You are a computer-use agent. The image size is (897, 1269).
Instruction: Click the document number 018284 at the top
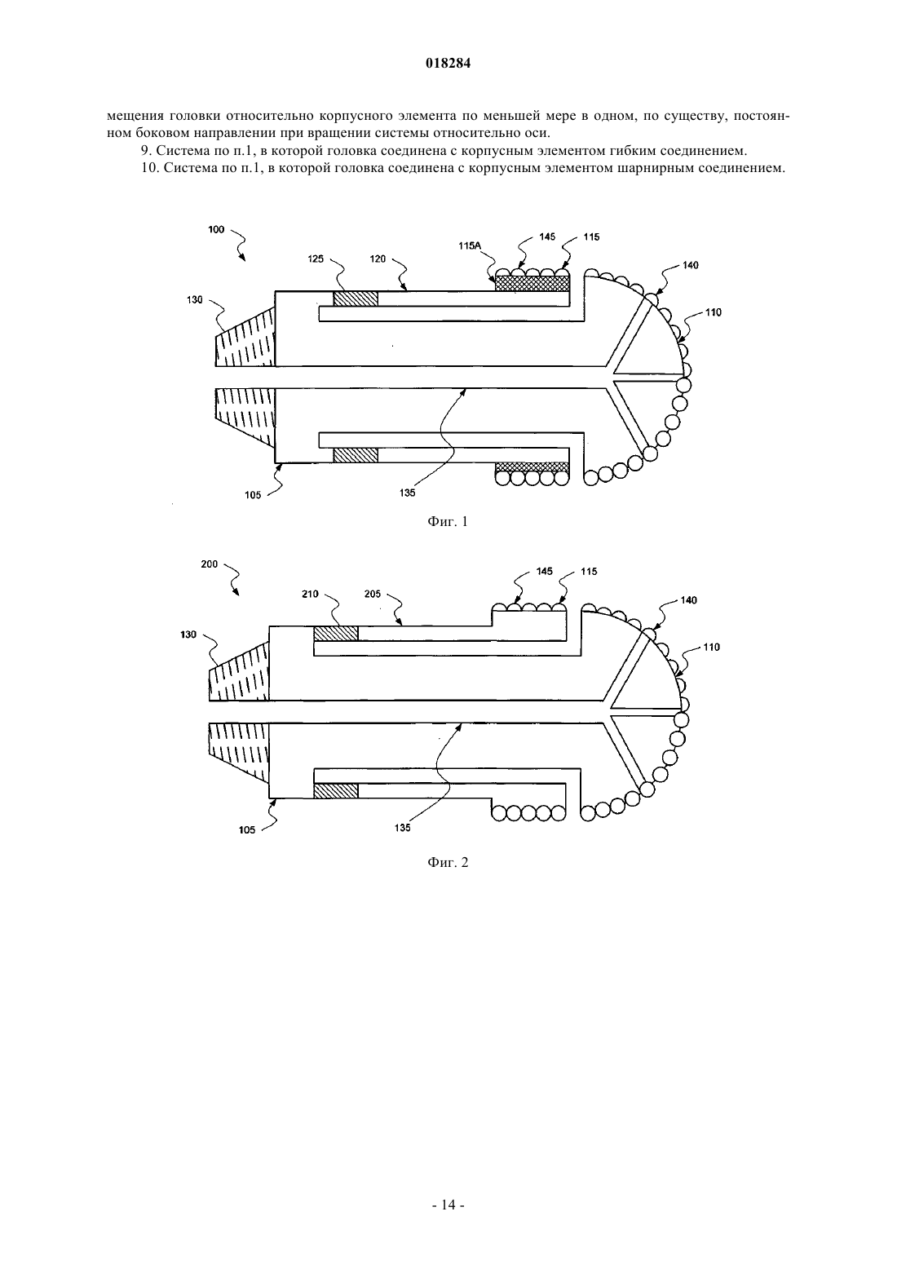(448, 64)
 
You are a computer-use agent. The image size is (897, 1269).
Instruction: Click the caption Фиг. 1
(448, 522)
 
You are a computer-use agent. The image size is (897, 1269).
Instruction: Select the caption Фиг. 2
(448, 862)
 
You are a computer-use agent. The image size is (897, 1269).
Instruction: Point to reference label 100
(216, 229)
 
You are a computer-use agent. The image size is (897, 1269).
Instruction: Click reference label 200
(210, 564)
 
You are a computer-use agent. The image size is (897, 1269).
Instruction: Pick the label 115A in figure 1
(470, 245)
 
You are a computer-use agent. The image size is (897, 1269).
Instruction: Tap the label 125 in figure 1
(316, 259)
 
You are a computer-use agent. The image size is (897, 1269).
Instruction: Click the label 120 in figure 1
(378, 259)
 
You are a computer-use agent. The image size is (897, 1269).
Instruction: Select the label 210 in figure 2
(311, 594)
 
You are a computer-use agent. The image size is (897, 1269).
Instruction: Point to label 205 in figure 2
(373, 594)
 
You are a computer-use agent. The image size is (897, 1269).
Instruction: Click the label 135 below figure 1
(407, 493)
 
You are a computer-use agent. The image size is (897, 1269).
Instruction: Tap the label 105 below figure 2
(247, 830)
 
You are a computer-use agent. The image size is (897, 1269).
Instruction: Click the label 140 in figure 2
(688, 600)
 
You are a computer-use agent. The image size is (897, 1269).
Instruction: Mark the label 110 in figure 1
(714, 312)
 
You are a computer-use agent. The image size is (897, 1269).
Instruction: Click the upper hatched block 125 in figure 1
(356, 298)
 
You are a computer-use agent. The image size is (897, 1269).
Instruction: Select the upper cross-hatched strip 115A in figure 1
(532, 284)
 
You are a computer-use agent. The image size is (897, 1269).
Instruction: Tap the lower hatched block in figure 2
(336, 790)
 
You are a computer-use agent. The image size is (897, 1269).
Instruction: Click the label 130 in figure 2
(188, 634)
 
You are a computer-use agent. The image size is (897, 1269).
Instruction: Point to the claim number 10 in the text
(148, 169)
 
